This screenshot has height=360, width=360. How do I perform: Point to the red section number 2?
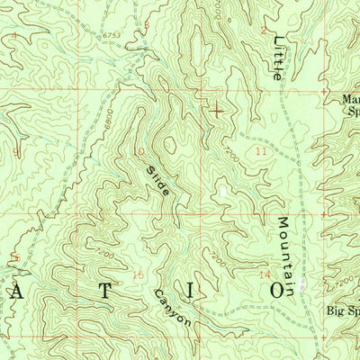coord(264,30)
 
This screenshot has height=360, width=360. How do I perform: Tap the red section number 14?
coord(264,274)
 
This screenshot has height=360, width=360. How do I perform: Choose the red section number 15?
coord(138,274)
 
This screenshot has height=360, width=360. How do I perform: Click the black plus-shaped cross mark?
coord(217,112)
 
